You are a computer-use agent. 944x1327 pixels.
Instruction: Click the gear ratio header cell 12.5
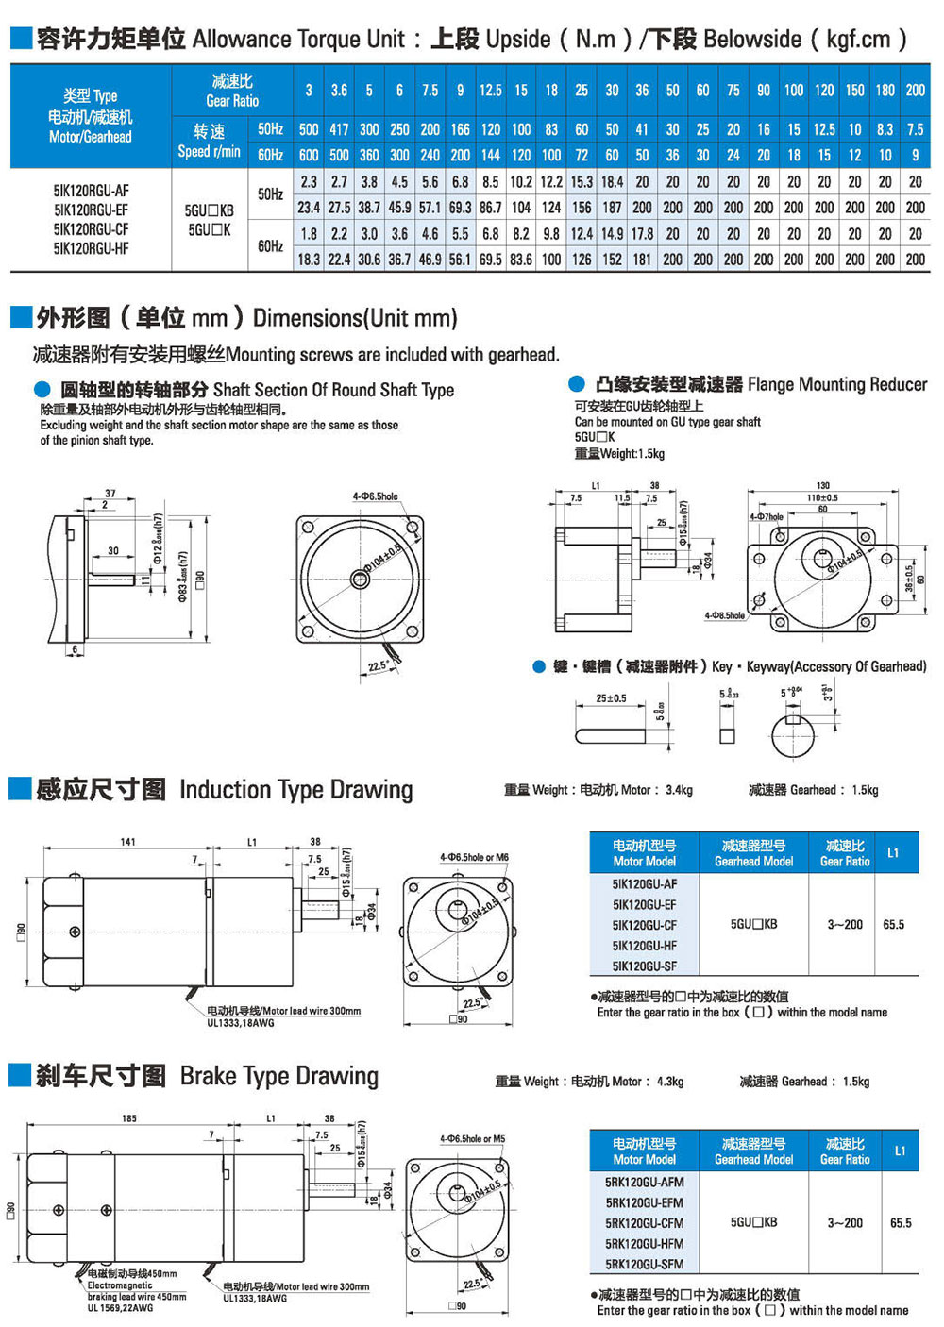tap(490, 91)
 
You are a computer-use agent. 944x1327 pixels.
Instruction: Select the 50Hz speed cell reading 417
tap(339, 129)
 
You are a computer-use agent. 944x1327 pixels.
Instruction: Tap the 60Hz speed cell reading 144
tap(490, 155)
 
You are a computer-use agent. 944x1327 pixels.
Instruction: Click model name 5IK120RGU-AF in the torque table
tap(91, 190)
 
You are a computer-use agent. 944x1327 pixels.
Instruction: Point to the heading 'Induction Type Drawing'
tap(295, 789)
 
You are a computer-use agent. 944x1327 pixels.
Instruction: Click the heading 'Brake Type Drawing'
tap(278, 1076)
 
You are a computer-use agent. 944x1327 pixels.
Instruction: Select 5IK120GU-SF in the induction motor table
tap(644, 966)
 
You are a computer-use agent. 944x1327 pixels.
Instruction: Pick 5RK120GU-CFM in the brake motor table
tap(644, 1223)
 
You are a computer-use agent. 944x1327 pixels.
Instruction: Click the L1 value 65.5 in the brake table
tap(901, 1223)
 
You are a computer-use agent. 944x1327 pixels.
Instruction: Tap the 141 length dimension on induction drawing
tap(127, 842)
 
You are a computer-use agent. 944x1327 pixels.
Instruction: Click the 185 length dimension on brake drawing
tap(129, 1118)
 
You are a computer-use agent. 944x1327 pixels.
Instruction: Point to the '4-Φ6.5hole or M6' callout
tap(474, 858)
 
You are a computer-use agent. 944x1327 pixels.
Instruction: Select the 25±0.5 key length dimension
tap(611, 698)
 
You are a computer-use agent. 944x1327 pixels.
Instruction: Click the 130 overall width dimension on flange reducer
tap(823, 485)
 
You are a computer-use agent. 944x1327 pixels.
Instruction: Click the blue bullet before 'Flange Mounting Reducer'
tap(577, 384)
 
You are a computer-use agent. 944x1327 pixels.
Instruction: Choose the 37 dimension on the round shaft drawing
tap(110, 494)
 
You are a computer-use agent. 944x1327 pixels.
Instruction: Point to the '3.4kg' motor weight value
tap(679, 790)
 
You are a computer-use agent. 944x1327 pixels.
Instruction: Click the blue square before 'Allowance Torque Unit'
tap(20, 39)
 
